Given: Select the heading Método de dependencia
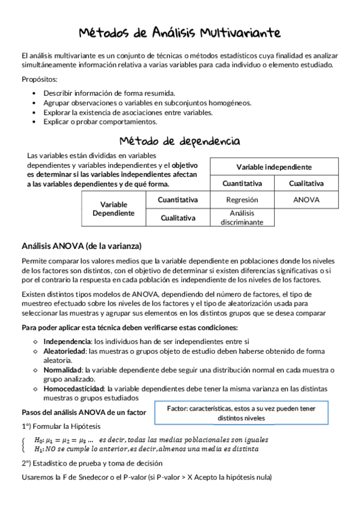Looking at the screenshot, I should coord(180,141).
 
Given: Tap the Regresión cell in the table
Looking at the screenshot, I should coord(242,200).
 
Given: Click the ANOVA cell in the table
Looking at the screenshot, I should coord(306,200).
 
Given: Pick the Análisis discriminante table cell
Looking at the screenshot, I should coord(242,217).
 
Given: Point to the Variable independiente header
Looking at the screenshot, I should coord(273,167).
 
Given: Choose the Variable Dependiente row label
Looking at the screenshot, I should coord(114,209).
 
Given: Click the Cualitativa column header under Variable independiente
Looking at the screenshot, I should coord(306,183).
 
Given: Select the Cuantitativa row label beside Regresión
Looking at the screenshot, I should coord(178,200).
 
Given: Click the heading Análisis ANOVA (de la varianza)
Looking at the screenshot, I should coord(81,245).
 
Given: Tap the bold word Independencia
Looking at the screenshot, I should coord(63,341).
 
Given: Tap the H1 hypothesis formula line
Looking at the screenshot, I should coord(146,449).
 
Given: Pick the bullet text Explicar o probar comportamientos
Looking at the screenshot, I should coord(100,121).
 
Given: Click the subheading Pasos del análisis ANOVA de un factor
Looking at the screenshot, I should coord(84,413).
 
